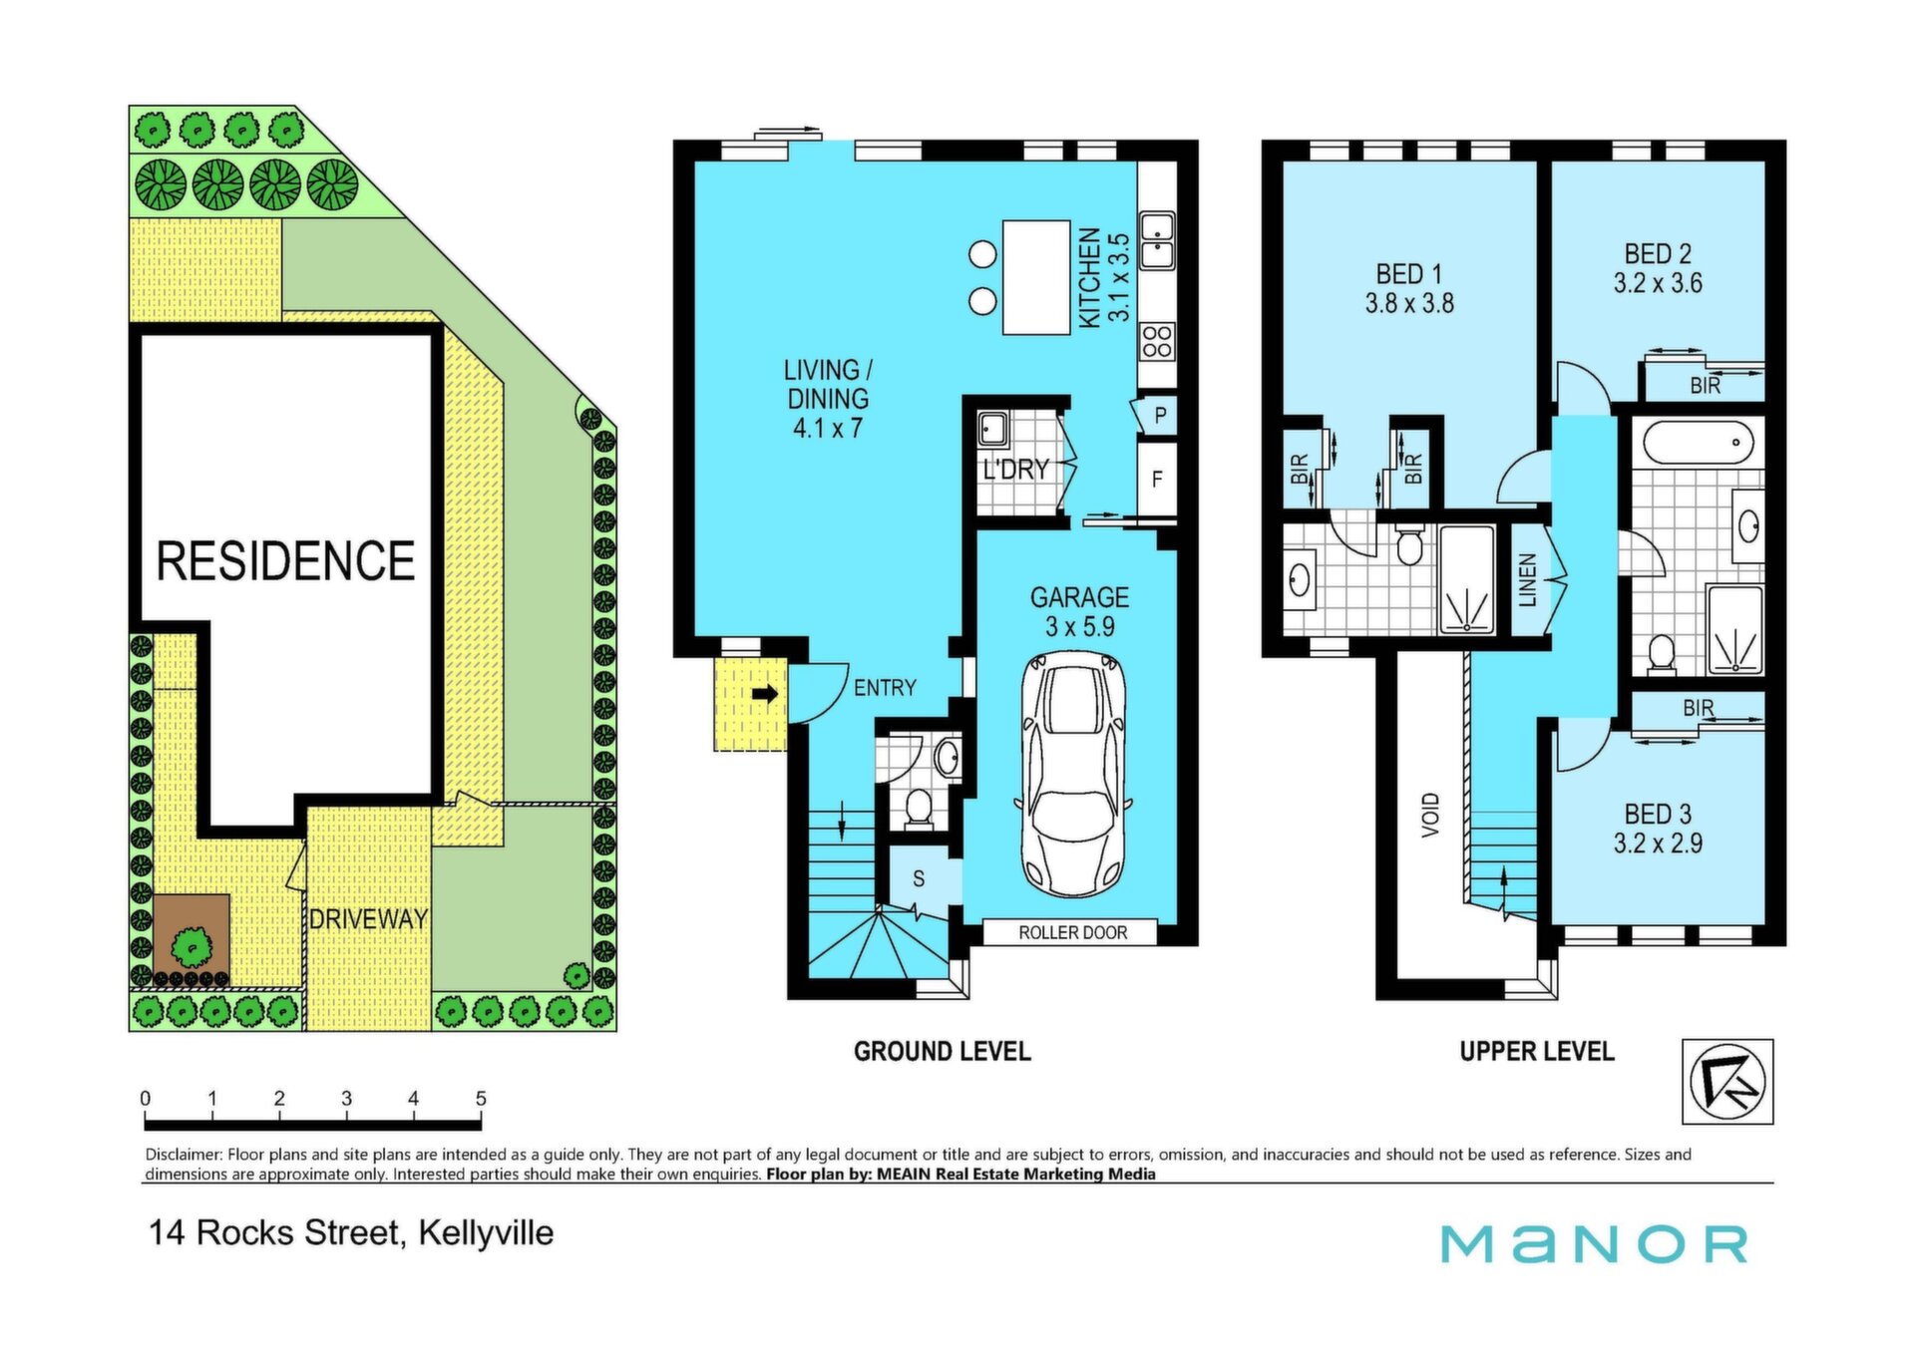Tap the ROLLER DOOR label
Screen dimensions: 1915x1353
pyautogui.click(x=1072, y=933)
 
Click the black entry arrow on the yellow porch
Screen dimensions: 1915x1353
pyautogui.click(x=765, y=694)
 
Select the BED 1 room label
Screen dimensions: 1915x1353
pyautogui.click(x=1408, y=273)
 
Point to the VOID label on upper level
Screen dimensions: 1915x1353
pyautogui.click(x=1431, y=815)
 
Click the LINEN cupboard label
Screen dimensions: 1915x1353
pyautogui.click(x=1527, y=580)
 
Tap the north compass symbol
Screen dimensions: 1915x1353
pyautogui.click(x=1728, y=1083)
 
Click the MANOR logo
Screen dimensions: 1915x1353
pyautogui.click(x=1594, y=1244)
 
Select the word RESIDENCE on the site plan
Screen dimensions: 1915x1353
pyautogui.click(x=285, y=561)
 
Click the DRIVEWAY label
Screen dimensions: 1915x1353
pyautogui.click(x=368, y=919)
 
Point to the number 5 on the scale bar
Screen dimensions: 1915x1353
pyautogui.click(x=481, y=1099)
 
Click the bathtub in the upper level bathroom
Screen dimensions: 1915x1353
pyautogui.click(x=1698, y=443)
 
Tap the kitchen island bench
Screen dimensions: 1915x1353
pyautogui.click(x=1036, y=277)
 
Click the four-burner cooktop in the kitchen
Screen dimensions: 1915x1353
pyautogui.click(x=1157, y=341)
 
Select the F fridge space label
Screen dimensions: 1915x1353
pyautogui.click(x=1157, y=480)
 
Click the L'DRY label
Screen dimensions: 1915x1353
pyautogui.click(x=1015, y=469)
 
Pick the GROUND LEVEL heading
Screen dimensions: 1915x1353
pyautogui.click(x=942, y=1052)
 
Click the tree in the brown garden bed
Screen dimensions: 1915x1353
pyautogui.click(x=191, y=944)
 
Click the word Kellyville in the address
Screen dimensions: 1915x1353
pyautogui.click(x=486, y=1233)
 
